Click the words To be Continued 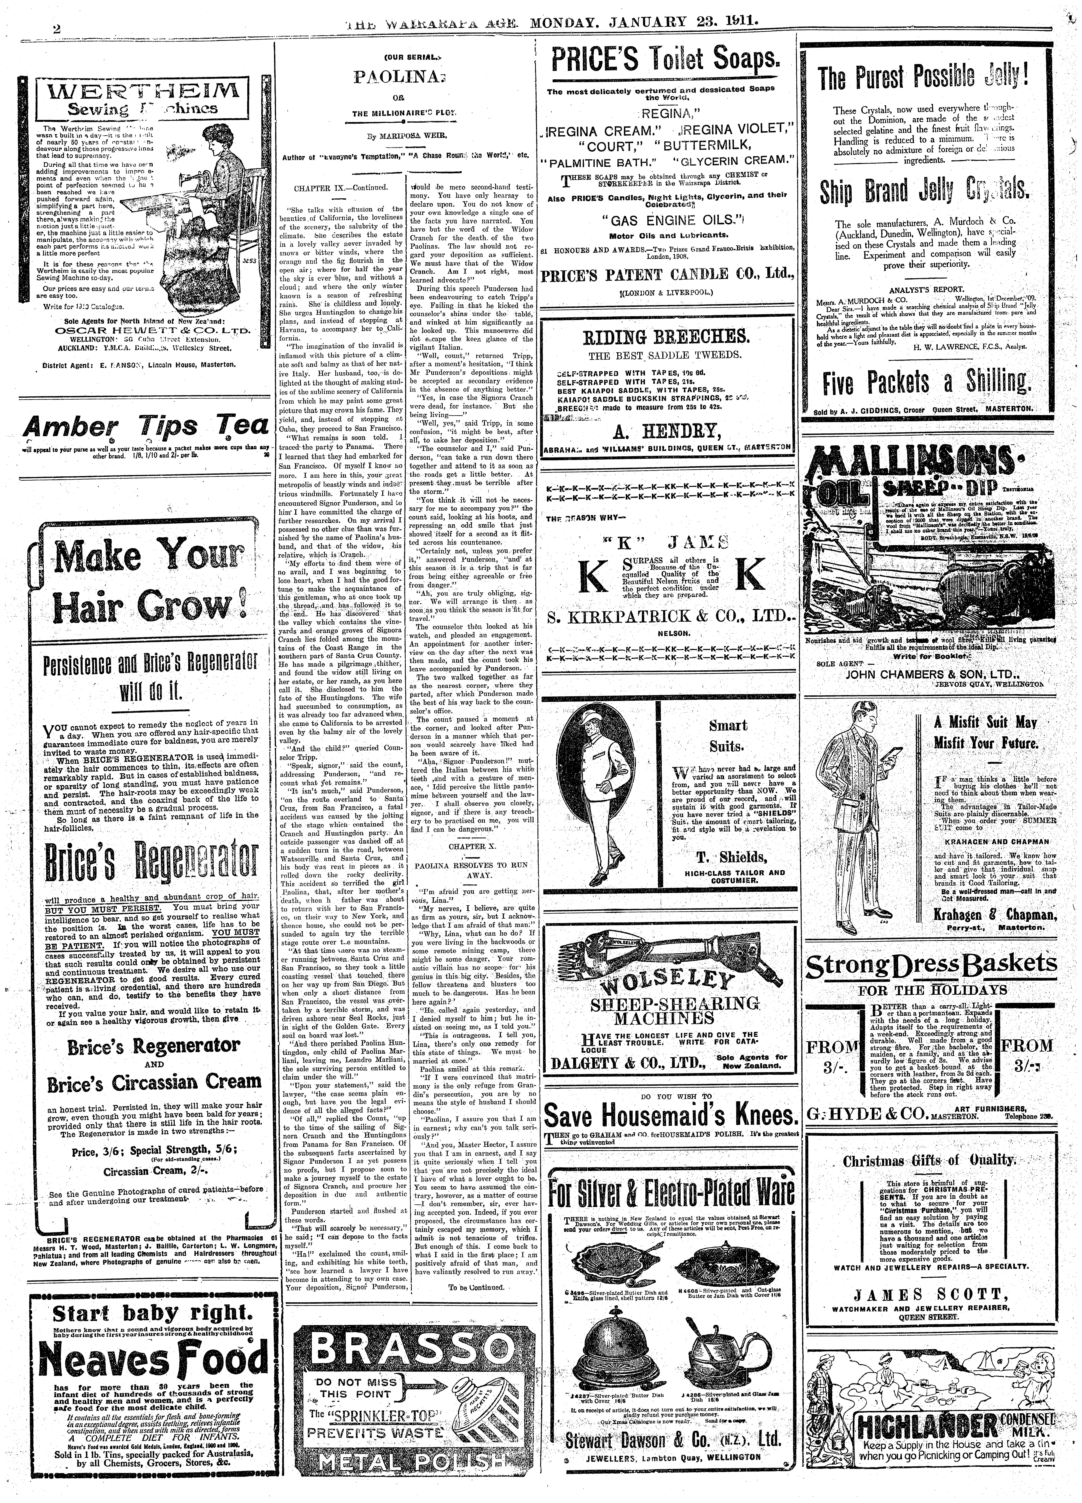click(x=476, y=1269)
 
